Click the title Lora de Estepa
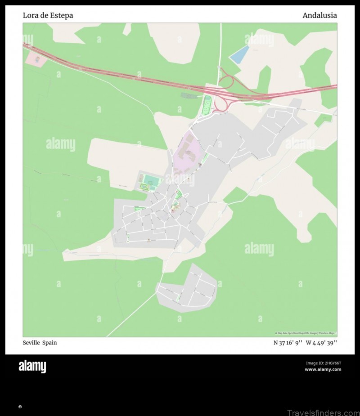(48, 15)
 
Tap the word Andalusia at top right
(319, 15)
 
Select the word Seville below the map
(31, 343)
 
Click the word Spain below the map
(50, 343)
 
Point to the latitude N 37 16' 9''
(288, 343)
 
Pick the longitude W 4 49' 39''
(321, 343)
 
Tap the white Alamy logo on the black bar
(32, 367)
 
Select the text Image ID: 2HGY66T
(323, 363)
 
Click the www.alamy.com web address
(323, 369)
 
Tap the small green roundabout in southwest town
(127, 242)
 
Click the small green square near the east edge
(323, 120)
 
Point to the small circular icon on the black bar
(20, 407)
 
